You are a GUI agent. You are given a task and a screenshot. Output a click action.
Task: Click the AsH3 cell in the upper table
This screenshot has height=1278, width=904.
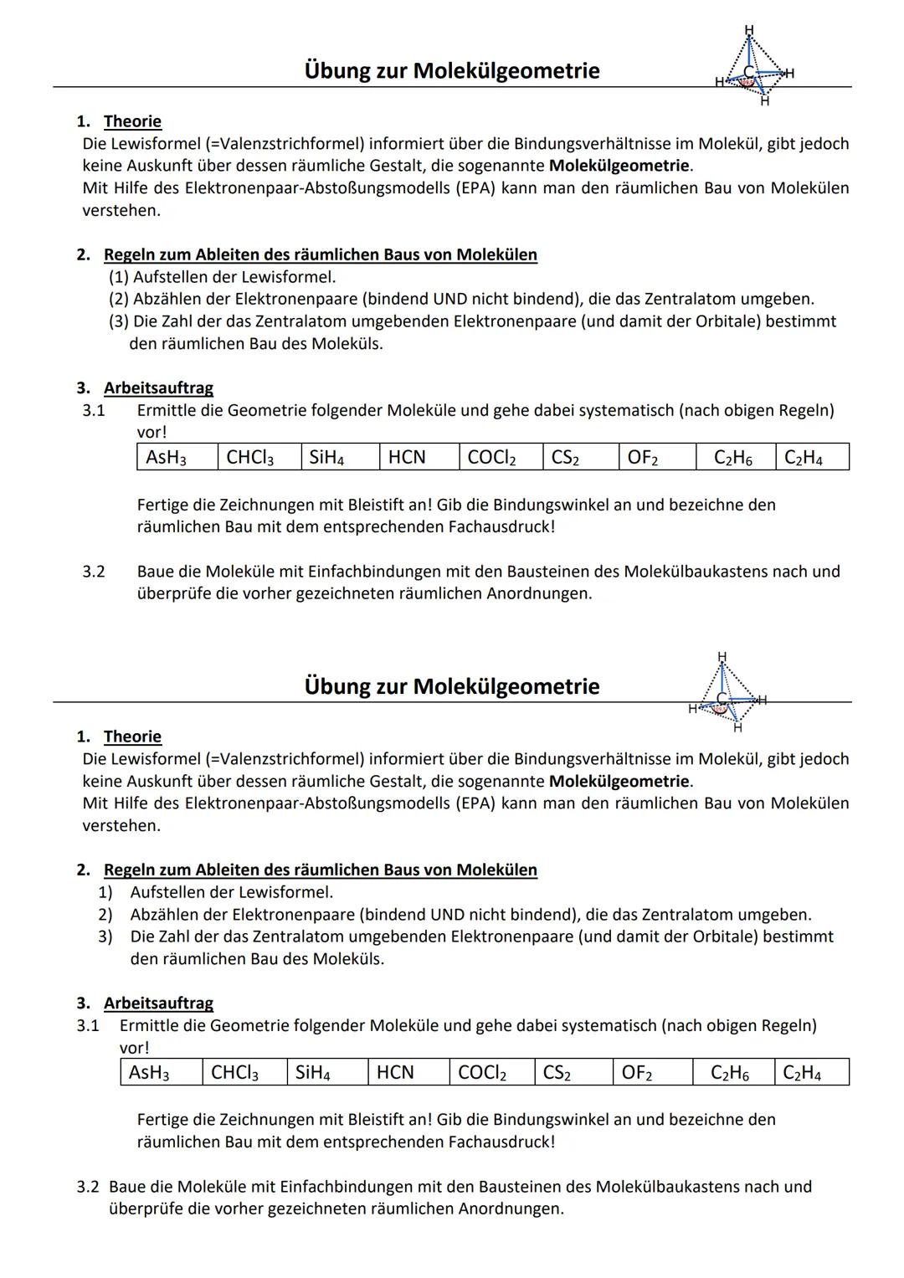[176, 457]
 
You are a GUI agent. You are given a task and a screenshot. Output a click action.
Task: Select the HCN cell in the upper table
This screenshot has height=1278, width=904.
[418, 457]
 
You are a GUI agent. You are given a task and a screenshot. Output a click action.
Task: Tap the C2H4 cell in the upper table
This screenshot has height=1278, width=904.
[811, 457]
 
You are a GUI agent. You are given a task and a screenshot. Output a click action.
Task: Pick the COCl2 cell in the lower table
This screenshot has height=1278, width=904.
[491, 1072]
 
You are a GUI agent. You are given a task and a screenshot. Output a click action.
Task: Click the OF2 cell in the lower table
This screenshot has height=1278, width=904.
[653, 1072]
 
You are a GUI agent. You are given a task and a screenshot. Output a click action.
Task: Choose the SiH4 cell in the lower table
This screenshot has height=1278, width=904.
[327, 1072]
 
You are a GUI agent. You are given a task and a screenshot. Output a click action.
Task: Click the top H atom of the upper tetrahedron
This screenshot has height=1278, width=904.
[748, 29]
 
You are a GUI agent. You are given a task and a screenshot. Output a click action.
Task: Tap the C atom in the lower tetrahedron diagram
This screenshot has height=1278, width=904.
[722, 697]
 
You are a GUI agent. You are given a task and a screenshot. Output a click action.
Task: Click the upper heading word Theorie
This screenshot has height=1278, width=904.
[132, 121]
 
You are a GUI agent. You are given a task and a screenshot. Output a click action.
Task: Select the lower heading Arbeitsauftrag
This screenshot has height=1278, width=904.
[158, 1003]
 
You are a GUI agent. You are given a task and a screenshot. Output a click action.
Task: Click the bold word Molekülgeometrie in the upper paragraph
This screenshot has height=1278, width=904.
[619, 166]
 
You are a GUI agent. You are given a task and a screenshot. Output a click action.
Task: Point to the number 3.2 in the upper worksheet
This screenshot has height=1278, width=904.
[93, 572]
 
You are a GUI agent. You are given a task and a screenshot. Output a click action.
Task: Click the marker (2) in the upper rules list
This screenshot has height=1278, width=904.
[120, 299]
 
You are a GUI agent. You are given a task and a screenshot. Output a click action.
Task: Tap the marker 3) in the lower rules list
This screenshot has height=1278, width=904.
[105, 937]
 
